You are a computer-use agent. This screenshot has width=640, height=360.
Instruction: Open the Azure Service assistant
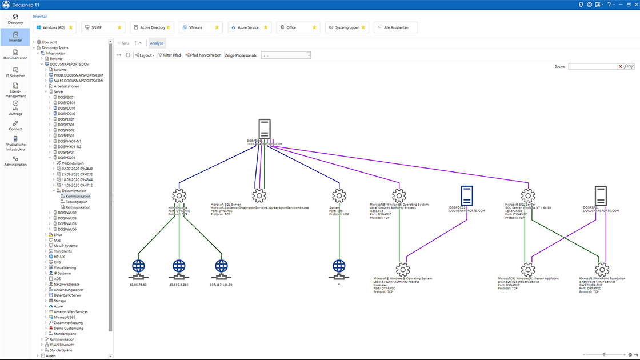click(247, 27)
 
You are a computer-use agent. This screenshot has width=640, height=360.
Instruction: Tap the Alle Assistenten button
click(395, 27)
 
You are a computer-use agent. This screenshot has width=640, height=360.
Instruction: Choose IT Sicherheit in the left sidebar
click(15, 71)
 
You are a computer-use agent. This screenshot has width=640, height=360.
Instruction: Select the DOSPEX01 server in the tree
click(66, 119)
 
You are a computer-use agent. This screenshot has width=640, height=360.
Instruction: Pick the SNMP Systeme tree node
click(66, 246)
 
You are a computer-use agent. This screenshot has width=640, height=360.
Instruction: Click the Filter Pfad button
click(169, 55)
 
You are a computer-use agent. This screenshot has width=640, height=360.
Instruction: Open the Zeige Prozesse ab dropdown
click(309, 55)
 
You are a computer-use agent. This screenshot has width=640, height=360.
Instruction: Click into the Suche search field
click(593, 67)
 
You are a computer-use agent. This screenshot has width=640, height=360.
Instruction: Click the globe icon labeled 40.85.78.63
click(138, 267)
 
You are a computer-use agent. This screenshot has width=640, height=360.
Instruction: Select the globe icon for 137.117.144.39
click(221, 267)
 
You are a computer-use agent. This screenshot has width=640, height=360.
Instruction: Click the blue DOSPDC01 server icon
click(466, 195)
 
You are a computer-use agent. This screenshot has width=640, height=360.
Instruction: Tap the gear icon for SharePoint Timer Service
click(601, 269)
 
